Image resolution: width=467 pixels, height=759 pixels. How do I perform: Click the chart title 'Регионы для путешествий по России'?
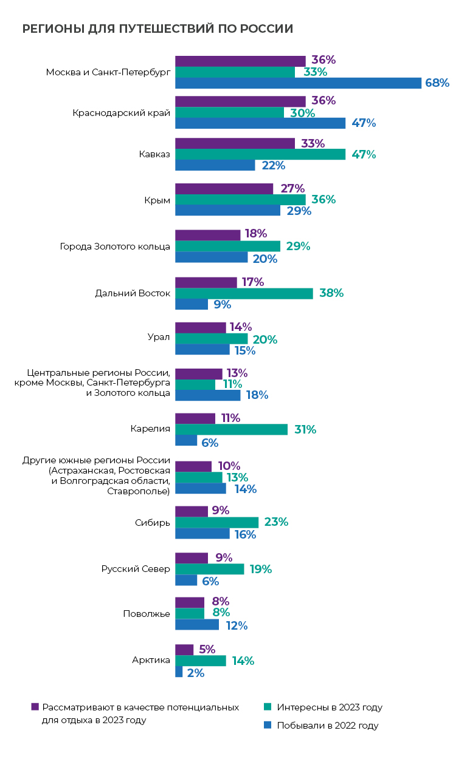[157, 29]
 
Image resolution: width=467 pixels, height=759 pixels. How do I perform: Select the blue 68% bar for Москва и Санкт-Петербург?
[298, 83]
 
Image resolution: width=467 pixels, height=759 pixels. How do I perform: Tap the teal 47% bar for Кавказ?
[260, 154]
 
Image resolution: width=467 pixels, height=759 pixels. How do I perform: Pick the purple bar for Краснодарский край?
[240, 101]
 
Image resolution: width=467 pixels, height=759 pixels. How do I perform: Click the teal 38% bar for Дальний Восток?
[244, 293]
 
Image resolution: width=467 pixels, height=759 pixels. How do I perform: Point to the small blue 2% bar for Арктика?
[179, 672]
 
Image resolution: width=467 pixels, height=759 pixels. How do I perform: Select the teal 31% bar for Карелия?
[231, 429]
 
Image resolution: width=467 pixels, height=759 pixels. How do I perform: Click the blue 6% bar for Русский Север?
[186, 580]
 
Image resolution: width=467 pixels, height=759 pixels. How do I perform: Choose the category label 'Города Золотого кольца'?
[115, 247]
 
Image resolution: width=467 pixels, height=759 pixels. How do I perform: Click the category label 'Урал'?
[159, 338]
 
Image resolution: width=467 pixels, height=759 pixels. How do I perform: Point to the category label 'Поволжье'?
[147, 613]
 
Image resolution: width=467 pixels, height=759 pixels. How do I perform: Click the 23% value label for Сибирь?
[277, 522]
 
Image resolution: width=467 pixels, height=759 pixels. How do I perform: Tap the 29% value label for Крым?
[299, 211]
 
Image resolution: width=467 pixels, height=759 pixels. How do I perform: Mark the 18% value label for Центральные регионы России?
[256, 395]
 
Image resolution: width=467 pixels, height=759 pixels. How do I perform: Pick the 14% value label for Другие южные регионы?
[244, 489]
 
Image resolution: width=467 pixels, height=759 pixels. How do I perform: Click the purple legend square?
[35, 707]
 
